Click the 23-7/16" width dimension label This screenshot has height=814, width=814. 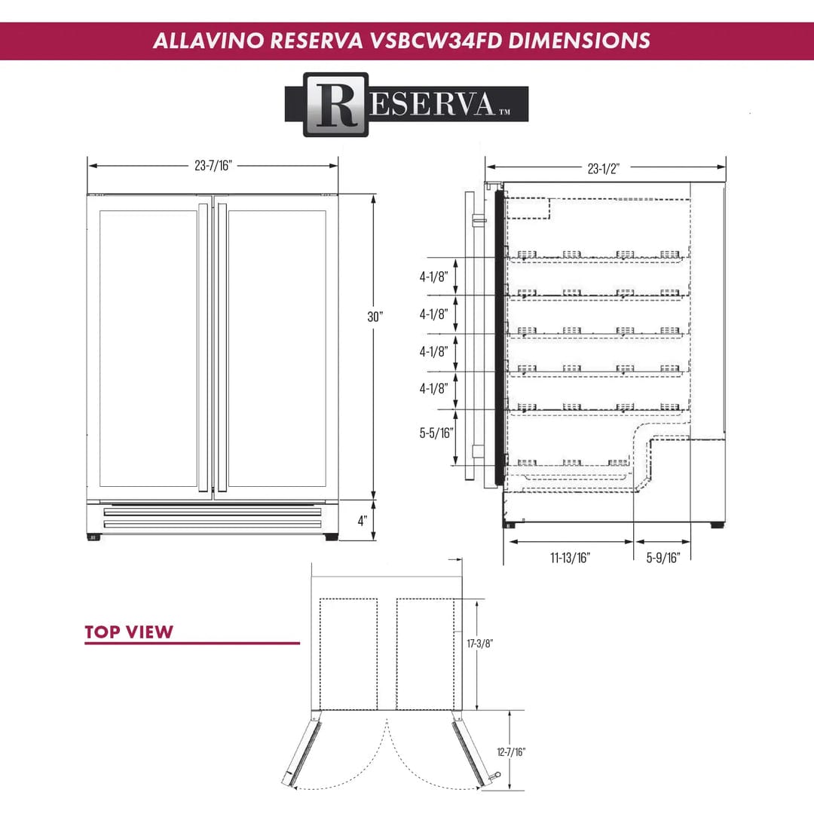pos(213,166)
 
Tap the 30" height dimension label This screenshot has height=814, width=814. pos(375,317)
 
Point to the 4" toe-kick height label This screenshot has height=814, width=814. pos(363,521)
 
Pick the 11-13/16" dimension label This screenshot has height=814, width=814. pos(570,558)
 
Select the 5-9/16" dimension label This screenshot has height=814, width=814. pos(663,558)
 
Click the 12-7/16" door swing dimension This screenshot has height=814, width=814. pos(512,751)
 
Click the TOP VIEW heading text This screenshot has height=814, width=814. pos(129,632)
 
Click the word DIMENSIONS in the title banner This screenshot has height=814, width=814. pos(579,41)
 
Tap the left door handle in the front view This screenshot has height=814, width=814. pos(203,347)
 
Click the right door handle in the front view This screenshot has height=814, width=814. pos(222,347)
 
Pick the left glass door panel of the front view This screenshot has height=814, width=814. pos(148,347)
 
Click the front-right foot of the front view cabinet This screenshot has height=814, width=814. pos(331,537)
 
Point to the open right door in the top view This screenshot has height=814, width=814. pos(469,750)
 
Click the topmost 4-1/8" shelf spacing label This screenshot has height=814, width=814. pos(434,277)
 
